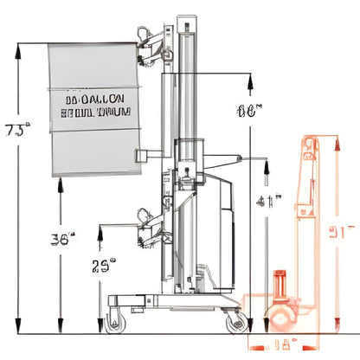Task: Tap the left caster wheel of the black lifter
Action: (116, 325)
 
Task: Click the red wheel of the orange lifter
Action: (281, 318)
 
